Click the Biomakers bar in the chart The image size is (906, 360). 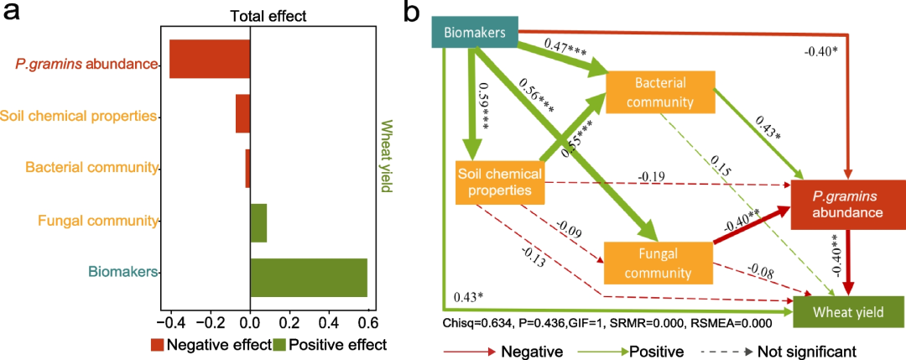click(x=309, y=278)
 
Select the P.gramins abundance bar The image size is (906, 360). click(x=210, y=59)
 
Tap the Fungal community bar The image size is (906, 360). click(x=258, y=222)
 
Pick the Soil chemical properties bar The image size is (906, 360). click(x=242, y=113)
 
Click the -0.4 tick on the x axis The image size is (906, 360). click(x=168, y=321)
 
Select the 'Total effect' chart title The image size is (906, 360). click(x=268, y=15)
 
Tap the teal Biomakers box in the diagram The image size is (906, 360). click(x=474, y=33)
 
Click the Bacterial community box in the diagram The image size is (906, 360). click(x=660, y=93)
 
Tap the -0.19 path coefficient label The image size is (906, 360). click(x=652, y=177)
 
